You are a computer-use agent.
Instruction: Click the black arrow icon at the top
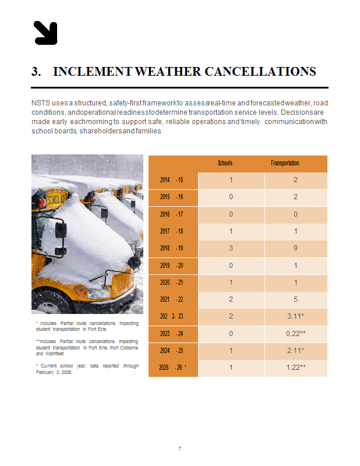click(x=45, y=33)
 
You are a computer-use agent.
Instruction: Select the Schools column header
click(x=225, y=163)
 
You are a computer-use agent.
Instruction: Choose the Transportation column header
click(x=285, y=163)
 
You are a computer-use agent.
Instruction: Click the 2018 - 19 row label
click(x=171, y=248)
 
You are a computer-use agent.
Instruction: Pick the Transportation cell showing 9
click(x=295, y=248)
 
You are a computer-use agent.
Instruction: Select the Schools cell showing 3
click(x=231, y=248)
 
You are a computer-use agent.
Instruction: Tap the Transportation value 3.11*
click(x=295, y=316)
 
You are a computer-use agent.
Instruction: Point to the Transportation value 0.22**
click(x=295, y=334)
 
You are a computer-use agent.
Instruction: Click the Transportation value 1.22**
click(x=295, y=368)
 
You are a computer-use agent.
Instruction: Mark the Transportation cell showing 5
click(x=295, y=299)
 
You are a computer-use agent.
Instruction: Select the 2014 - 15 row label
click(x=171, y=180)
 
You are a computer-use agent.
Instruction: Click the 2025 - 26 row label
click(x=171, y=368)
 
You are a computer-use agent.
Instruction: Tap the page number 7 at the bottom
click(x=179, y=449)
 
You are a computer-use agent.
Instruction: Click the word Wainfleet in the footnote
click(x=55, y=354)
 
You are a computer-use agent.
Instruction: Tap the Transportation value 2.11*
click(x=295, y=351)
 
